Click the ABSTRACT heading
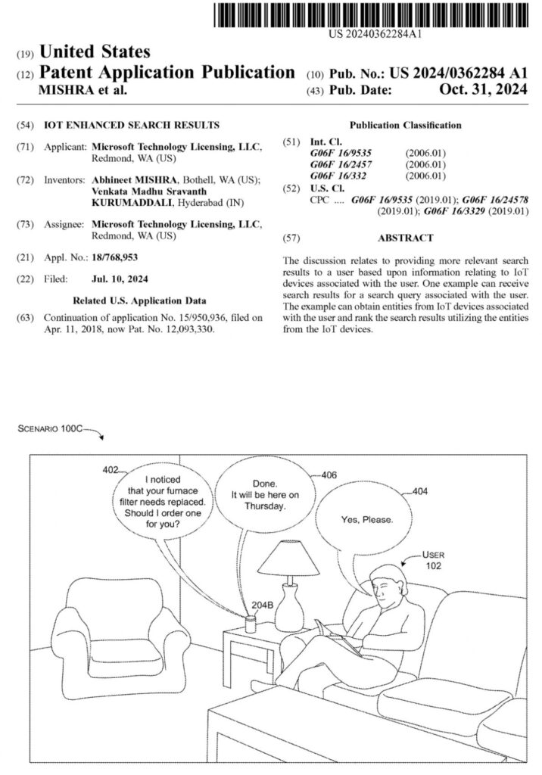(405, 238)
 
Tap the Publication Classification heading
(405, 124)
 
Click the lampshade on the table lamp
(288, 558)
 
